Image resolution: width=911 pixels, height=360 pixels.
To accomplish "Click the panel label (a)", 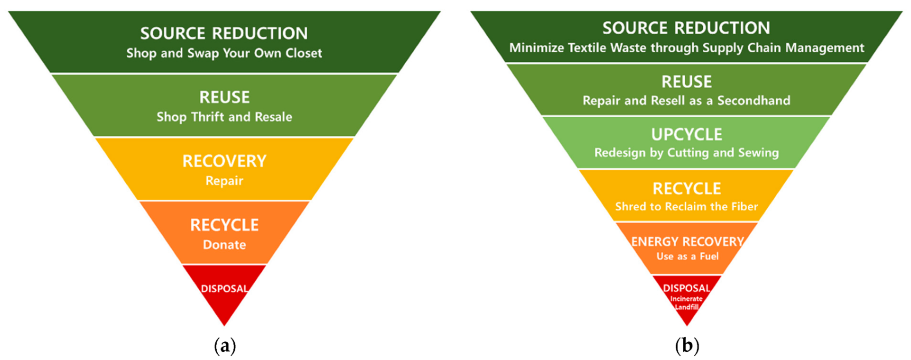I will pos(224,346).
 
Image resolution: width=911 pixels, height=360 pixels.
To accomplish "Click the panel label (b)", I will pos(687,346).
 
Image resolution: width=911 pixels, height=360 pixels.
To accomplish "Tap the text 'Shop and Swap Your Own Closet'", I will pos(224,53).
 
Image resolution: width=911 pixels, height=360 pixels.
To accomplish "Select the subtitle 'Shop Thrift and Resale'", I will pos(224,117).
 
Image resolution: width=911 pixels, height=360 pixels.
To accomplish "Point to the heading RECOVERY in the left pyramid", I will pos(224,161).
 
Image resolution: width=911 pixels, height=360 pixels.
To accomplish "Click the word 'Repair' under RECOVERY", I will pos(224,181).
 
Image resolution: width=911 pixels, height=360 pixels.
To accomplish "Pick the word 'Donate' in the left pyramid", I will pos(224,245).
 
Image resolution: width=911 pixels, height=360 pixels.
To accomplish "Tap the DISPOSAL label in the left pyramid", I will pos(224,288).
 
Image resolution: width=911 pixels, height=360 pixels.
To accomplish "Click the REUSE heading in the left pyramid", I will pos(224,97).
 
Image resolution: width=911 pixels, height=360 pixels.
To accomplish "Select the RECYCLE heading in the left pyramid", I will pos(224,225).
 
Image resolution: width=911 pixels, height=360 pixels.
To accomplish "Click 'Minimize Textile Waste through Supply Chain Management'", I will pos(687,48).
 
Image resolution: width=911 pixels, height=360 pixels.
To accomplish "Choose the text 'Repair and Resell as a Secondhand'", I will pos(687,101).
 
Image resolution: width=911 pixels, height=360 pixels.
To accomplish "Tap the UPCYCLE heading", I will pos(687,135).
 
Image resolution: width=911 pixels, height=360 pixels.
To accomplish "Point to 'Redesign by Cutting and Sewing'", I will pos(687,153).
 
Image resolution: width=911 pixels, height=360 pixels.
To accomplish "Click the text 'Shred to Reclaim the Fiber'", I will pos(687,207).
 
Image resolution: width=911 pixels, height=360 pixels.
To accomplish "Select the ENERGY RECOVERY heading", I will pos(687,241).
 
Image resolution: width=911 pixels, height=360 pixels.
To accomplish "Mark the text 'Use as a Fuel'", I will pos(687,257).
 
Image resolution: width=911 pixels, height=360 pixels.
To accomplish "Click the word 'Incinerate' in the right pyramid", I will pos(687,299).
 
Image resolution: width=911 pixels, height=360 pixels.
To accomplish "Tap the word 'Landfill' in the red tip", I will pos(687,307).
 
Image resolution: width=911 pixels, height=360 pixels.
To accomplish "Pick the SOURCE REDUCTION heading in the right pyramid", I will pos(686,28).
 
